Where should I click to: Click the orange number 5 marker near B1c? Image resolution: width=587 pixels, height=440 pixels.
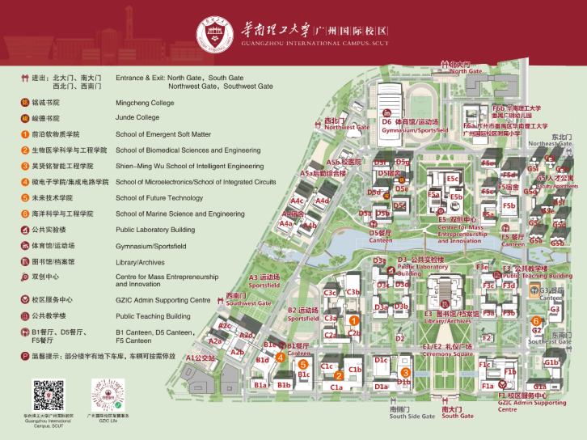pyautogui.click(x=302, y=364)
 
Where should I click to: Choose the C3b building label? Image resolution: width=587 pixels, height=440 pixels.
pyautogui.click(x=353, y=292)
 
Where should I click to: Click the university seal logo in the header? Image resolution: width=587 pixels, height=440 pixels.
pyautogui.click(x=212, y=31)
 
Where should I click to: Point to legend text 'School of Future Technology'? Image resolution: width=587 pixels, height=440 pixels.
pyautogui.click(x=159, y=198)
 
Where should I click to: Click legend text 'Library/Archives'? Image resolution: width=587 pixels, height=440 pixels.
pyautogui.click(x=141, y=262)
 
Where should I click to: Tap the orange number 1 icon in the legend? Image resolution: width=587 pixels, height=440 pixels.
pyautogui.click(x=25, y=134)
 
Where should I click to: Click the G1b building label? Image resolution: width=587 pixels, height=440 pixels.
pyautogui.click(x=551, y=362)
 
